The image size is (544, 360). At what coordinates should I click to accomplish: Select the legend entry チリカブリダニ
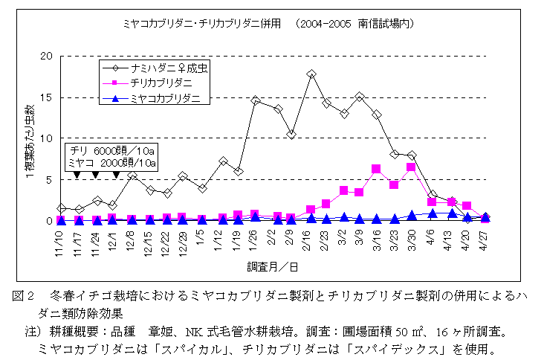pos(160,83)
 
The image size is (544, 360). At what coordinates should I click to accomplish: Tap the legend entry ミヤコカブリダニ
pos(165,97)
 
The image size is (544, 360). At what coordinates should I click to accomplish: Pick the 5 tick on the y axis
pos(48,179)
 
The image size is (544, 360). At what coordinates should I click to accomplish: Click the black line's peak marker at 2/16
pos(311,74)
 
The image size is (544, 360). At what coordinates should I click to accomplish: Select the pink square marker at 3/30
pos(410,167)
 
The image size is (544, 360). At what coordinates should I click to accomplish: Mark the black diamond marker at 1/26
pos(256,100)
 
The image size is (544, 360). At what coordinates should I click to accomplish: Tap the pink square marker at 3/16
pos(376,169)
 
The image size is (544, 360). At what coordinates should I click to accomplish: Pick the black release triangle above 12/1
pos(116,175)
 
